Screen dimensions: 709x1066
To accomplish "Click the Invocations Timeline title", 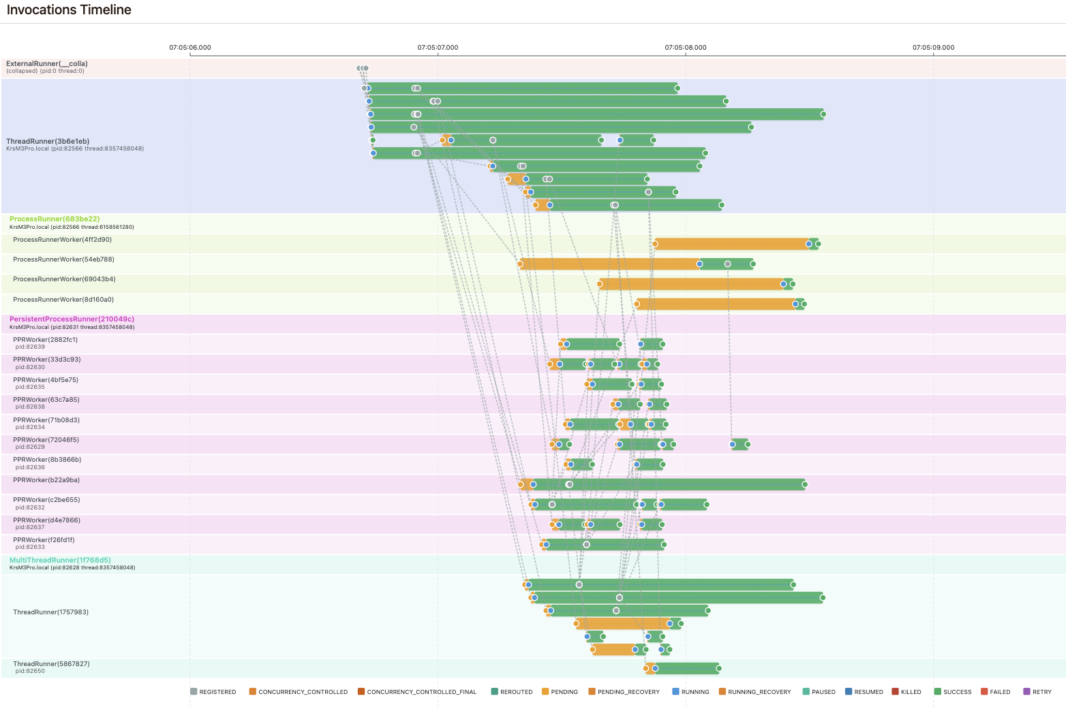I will click(69, 10).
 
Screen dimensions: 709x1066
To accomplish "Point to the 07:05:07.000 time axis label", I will click(438, 48).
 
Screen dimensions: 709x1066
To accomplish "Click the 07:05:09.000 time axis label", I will click(933, 48).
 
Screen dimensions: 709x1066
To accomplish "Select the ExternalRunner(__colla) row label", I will click(47, 64).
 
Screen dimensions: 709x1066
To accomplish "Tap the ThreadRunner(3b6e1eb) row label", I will click(48, 142).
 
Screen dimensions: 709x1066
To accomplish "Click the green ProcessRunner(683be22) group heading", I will click(55, 219).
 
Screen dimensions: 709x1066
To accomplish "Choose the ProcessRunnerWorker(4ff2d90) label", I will click(62, 240).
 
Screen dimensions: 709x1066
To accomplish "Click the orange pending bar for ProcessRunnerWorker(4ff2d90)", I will click(731, 244).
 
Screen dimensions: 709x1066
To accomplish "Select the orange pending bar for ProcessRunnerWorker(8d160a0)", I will click(714, 304).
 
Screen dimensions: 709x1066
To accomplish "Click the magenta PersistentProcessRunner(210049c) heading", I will click(72, 319).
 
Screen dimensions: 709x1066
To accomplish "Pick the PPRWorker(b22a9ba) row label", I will click(46, 480).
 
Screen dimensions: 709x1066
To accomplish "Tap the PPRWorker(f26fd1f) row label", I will click(44, 540).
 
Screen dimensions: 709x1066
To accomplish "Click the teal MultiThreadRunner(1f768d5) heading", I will click(60, 561).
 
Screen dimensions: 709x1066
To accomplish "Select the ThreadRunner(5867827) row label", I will click(51, 664).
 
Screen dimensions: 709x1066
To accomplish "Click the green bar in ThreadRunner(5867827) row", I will click(687, 669).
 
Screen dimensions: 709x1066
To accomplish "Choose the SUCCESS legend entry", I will click(957, 692).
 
